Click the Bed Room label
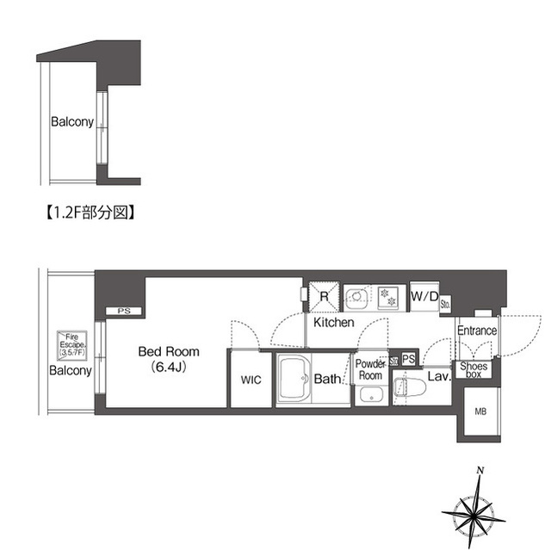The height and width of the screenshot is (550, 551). point(169,351)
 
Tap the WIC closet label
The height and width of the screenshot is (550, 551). point(251,380)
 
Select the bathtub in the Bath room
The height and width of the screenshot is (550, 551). point(294,379)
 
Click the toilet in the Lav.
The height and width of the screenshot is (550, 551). point(410,387)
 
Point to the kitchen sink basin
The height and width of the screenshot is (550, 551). point(356,298)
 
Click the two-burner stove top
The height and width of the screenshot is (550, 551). point(388,298)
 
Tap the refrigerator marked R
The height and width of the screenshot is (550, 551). point(324,297)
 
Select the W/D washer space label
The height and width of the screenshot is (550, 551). point(424,297)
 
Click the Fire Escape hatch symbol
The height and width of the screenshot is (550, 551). point(72,345)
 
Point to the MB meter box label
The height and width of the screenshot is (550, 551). point(480,411)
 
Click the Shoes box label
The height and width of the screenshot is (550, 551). point(474,370)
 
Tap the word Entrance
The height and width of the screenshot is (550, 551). point(477,331)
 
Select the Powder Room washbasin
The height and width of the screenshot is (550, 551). point(371,395)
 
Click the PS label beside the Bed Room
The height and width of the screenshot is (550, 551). point(124,312)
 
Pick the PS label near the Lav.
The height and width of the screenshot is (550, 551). point(408,359)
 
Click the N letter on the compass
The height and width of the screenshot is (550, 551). point(480,471)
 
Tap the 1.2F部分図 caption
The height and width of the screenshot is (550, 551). point(90,213)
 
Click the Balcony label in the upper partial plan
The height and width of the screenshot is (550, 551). point(72,122)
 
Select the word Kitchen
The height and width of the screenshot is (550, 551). point(333,323)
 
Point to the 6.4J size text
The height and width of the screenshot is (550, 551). point(169,367)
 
